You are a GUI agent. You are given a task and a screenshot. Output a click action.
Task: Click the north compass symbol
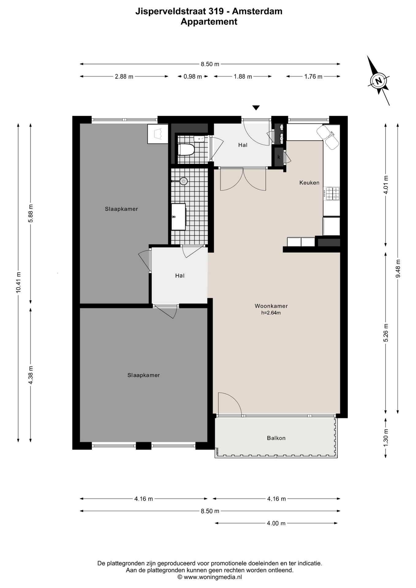pos(379,81)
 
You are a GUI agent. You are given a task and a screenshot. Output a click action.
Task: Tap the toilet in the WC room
pos(186,150)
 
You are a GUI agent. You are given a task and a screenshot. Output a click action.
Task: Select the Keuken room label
pos(309,183)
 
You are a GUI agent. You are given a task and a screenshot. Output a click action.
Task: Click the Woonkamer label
pos(271,306)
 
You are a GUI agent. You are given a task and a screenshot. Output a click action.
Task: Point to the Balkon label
pos(276,438)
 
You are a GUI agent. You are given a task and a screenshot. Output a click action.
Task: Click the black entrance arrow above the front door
pos(256,107)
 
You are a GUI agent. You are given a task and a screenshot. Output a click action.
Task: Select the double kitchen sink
pos(327,137)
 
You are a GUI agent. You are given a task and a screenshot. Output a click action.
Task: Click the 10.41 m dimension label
pos(19,282)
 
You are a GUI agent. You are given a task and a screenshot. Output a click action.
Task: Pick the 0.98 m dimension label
pos(193,77)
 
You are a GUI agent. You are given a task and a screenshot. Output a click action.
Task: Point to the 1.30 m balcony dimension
pos(386,437)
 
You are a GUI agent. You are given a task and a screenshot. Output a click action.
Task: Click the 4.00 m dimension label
pos(276,523)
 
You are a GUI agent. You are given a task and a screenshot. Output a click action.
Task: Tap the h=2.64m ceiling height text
pos(271,313)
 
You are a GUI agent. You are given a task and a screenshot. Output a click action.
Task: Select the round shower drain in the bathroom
pos(183,181)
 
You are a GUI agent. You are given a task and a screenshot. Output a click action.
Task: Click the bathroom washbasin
pos(178,217)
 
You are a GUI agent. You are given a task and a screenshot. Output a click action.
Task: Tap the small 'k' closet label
pos(279,157)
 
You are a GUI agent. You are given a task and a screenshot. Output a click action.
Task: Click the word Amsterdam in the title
pos(257,11)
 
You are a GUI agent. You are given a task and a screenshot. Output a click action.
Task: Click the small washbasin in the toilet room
pos(199,139)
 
